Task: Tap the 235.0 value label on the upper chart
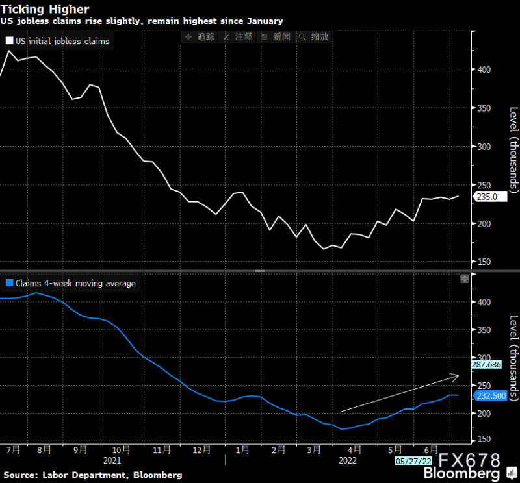pyautogui.click(x=487, y=197)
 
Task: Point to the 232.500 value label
pyautogui.click(x=491, y=395)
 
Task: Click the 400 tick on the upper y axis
pyautogui.click(x=484, y=69)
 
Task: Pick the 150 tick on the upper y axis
pyautogui.click(x=484, y=262)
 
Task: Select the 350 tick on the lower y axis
pyautogui.click(x=484, y=330)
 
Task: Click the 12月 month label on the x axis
pyautogui.click(x=202, y=449)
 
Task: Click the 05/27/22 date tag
pyautogui.click(x=414, y=460)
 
